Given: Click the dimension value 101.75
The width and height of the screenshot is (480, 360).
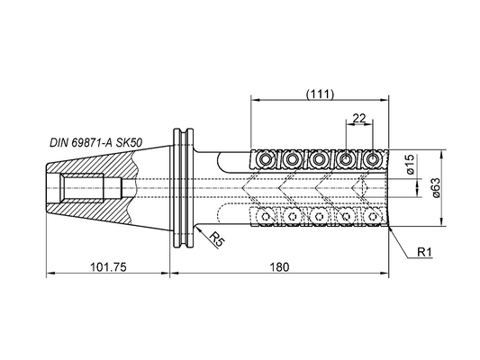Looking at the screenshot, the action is point(108,267).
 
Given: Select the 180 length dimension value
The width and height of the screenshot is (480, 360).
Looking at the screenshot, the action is point(279,267).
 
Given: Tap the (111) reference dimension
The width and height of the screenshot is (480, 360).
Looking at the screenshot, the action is point(320,94).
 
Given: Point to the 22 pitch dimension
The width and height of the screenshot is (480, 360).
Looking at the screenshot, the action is point(359,118).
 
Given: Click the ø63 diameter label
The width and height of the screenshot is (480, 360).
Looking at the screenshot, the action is point(436,188).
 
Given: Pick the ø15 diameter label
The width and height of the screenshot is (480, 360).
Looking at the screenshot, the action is point(410,164).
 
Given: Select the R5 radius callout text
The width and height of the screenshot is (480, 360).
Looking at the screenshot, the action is point(218,238).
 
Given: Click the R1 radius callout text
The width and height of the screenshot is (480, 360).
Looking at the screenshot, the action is point(424,252).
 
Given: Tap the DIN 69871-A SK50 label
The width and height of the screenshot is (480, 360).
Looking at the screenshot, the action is point(95,143).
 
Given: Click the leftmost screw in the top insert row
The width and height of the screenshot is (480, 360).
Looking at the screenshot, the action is point(264,159).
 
